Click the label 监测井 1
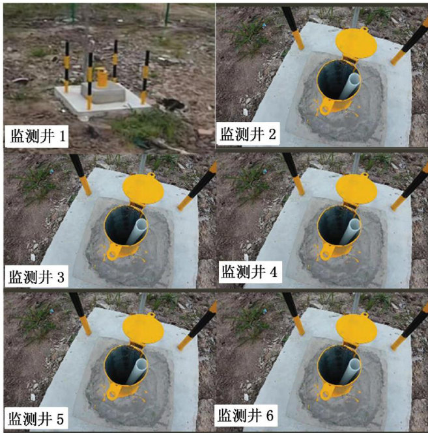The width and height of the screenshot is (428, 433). [x=38, y=137]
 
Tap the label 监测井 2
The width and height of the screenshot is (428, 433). [x=248, y=135]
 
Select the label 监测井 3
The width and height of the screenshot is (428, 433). [x=36, y=277]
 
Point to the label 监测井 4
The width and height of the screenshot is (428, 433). [x=250, y=272]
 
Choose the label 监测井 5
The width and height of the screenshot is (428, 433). [x=36, y=419]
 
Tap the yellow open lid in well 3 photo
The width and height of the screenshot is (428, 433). [x=143, y=189]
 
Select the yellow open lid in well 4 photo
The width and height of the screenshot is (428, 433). [x=356, y=189]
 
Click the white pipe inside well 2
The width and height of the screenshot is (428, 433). [x=350, y=86]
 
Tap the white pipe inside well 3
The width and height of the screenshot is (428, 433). [x=137, y=231]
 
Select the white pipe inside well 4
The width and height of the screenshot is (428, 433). [x=350, y=231]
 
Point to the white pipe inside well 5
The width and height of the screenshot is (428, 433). [x=137, y=371]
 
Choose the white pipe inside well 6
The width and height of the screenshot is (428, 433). [x=350, y=371]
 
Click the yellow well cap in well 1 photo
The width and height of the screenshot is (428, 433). [x=101, y=77]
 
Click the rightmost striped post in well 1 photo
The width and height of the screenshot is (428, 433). [x=145, y=77]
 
